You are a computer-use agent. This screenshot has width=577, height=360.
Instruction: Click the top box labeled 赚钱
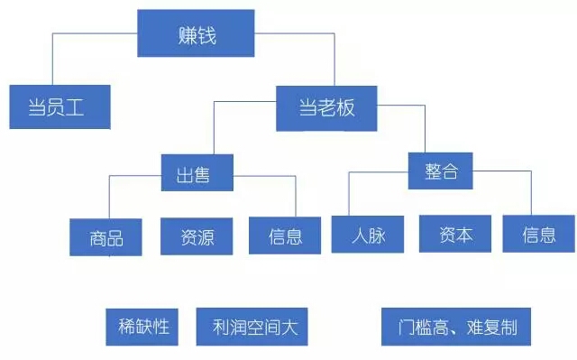click(x=197, y=34)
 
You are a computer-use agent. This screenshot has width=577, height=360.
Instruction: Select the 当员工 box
click(x=60, y=107)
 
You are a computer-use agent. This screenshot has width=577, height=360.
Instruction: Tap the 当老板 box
click(x=327, y=108)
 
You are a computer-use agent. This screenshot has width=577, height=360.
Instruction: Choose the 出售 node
click(x=197, y=172)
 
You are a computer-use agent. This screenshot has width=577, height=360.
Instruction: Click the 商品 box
click(x=106, y=237)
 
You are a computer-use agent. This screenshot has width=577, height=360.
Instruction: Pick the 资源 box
click(x=197, y=235)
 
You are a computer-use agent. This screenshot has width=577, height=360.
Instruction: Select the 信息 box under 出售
click(x=285, y=235)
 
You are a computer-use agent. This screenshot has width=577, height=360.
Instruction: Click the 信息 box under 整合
click(x=538, y=235)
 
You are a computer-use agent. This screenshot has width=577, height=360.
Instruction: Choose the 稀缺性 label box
click(x=144, y=326)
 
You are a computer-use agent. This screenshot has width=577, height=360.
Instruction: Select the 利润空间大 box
click(x=252, y=327)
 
